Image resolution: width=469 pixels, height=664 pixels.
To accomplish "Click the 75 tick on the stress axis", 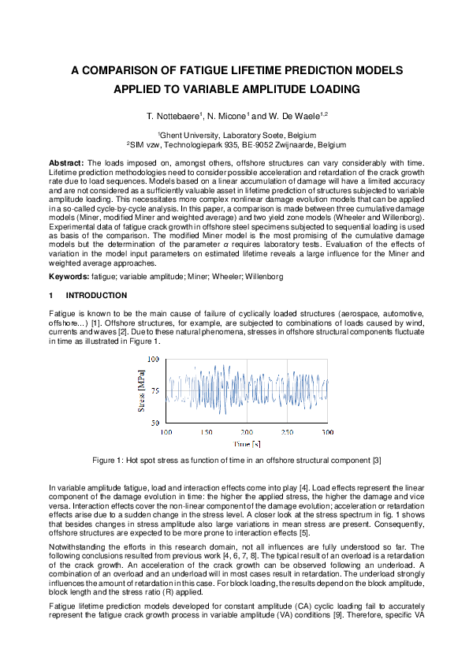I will [154, 391].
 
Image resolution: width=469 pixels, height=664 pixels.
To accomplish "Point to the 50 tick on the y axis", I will [154, 423].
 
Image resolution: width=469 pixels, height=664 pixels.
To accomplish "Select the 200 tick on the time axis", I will [247, 433].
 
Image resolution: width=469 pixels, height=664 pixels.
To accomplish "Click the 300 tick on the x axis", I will [327, 433].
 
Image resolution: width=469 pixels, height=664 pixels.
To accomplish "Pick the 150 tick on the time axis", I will [207, 433].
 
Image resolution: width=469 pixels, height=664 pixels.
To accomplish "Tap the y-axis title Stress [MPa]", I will [142, 391].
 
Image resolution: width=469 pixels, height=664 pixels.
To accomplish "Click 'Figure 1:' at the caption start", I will [110, 460].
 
